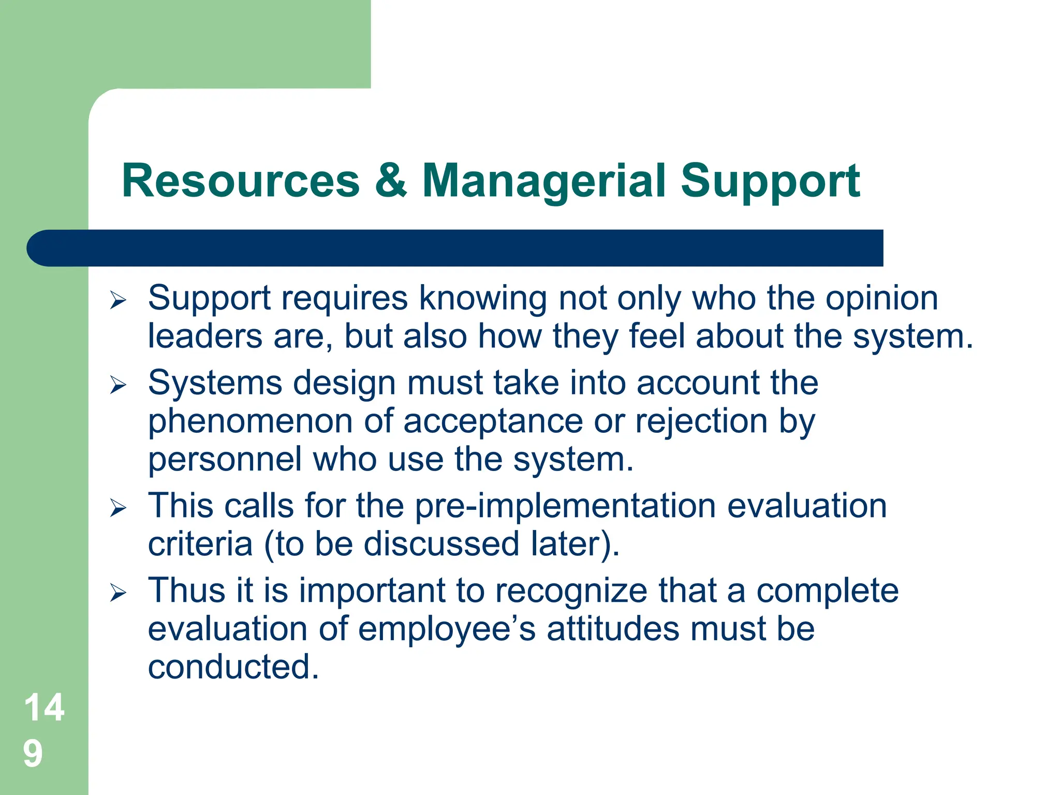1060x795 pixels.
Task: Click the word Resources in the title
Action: click(x=240, y=181)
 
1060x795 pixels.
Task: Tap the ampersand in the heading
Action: click(x=391, y=181)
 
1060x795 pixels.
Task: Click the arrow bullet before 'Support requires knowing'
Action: click(x=118, y=300)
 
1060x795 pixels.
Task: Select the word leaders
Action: click(x=205, y=336)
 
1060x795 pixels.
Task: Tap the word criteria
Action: click(x=200, y=544)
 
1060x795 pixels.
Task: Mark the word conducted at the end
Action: click(x=233, y=668)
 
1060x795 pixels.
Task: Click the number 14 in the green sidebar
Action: click(x=44, y=708)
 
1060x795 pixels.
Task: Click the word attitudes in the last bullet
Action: click(x=612, y=629)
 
